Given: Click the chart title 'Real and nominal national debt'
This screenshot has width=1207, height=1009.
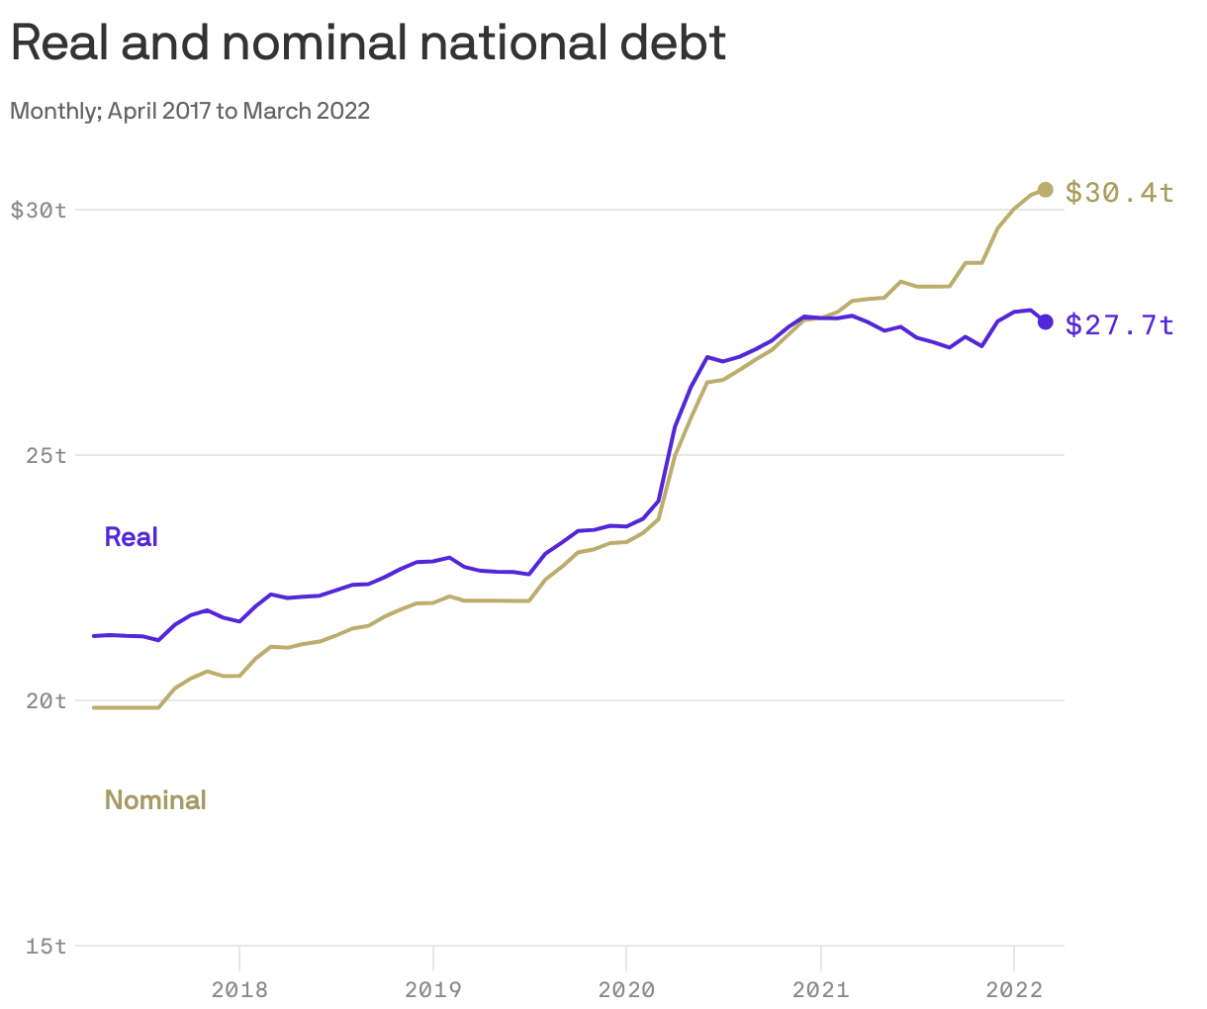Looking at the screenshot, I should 368,43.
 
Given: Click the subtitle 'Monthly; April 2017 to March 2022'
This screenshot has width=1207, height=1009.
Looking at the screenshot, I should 190,111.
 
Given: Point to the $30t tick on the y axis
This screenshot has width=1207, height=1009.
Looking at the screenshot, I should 39,210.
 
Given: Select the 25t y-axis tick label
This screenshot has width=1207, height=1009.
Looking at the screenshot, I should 46,455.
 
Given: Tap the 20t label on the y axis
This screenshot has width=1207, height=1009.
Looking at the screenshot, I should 46,700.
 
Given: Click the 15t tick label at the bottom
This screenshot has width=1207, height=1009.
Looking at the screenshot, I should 46,946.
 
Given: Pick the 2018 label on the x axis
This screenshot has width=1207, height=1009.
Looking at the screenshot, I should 239,988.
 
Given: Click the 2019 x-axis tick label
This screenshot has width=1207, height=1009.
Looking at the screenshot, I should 432,988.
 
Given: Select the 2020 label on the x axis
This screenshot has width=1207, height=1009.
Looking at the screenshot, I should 626,988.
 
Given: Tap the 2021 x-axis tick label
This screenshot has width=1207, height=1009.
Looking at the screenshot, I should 820,988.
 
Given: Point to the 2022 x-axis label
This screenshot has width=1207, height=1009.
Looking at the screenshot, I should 1013,988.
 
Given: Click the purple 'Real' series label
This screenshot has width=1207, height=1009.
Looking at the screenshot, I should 132,537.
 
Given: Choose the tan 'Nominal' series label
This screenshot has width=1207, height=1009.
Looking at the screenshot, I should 155,800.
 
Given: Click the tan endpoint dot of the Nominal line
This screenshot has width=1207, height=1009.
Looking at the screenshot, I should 1045,190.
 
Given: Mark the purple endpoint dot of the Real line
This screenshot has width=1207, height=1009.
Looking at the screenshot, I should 1045,321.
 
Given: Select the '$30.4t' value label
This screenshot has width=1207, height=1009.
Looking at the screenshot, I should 1119,192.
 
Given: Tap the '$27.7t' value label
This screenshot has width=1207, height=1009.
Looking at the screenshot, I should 1119,324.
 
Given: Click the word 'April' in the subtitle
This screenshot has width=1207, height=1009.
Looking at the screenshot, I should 133,111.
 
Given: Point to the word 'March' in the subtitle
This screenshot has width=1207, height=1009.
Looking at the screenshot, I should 276,111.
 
